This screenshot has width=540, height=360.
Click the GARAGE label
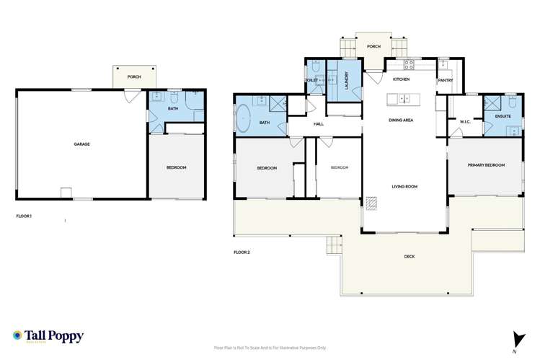(x=81, y=144)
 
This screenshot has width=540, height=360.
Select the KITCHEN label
(x=401, y=79)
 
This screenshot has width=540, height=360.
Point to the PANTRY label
(x=445, y=80)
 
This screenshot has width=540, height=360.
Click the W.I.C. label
(x=465, y=122)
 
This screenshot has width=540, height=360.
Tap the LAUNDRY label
(x=347, y=79)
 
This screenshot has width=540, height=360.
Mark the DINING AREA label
(x=401, y=120)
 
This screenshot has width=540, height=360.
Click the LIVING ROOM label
(x=404, y=186)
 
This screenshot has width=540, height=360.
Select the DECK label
(x=410, y=256)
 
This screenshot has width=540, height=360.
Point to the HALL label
(x=319, y=124)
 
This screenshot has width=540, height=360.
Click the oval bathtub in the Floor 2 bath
(x=243, y=118)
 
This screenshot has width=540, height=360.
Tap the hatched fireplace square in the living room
(x=371, y=203)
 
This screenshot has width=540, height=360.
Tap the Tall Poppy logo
(x=48, y=336)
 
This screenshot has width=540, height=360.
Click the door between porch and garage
(x=131, y=94)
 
